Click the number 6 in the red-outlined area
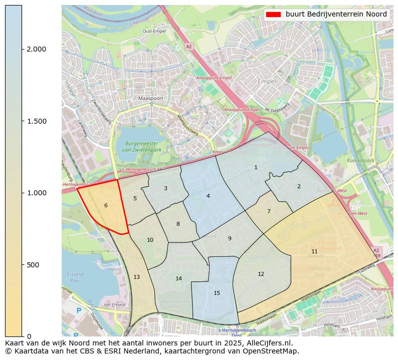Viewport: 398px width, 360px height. coord(106,205)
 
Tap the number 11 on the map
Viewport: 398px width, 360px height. coord(314,251)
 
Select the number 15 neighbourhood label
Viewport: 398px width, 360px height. coord(217,293)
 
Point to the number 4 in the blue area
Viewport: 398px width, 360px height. coord(208,196)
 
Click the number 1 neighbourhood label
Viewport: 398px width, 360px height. coord(256,167)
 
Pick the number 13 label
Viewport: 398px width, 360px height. coord(136,277)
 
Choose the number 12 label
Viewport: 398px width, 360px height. coord(261,274)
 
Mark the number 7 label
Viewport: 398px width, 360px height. coord(269,211)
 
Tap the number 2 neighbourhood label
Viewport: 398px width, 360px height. coord(299,186)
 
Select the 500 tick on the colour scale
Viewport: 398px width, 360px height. coord(33,265)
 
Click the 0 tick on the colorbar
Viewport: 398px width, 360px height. coord(29,336)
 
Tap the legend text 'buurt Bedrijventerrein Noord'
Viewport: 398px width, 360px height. coord(336,15)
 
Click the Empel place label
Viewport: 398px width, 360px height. coord(267,81)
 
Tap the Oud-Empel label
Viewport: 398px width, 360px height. coord(154,31)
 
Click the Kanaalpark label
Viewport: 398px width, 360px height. coord(361,161)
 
